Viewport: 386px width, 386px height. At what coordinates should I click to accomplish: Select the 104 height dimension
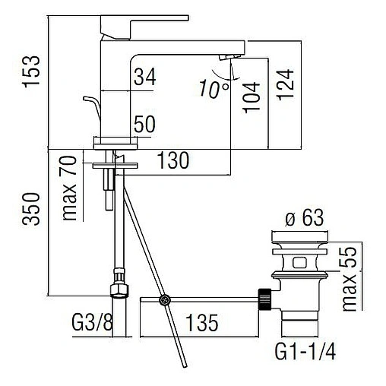pos(252,97)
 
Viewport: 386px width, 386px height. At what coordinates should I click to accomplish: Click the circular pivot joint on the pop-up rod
pos(163,301)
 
